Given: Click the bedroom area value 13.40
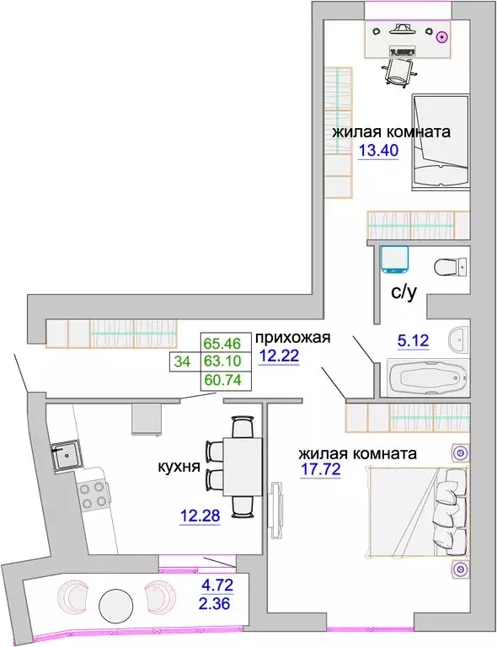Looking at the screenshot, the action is [378, 151].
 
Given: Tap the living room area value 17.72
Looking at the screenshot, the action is [320, 469].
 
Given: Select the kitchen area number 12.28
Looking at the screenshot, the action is [200, 516].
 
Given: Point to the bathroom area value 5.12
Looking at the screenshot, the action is [414, 340].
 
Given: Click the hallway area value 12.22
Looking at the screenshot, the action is [279, 355].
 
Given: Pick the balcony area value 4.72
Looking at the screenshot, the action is [217, 585].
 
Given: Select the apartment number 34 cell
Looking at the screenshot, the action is [182, 361].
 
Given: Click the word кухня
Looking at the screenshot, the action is [179, 467].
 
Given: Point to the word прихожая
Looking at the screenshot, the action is [293, 338].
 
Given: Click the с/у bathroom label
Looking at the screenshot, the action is [403, 292].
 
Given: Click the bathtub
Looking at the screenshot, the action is [428, 378].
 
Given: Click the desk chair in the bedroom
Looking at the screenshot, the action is [398, 72].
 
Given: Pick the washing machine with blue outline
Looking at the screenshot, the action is [394, 260].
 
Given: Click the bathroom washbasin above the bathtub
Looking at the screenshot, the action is [458, 340].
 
